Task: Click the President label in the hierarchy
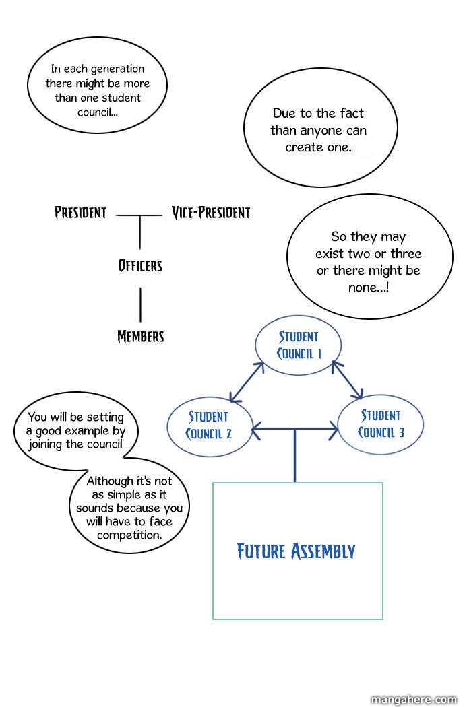(x=80, y=213)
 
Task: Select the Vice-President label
(x=210, y=213)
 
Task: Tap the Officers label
(x=140, y=265)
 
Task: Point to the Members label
(x=140, y=336)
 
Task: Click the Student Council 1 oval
(x=299, y=345)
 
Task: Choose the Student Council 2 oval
(x=208, y=425)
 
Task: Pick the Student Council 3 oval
(x=380, y=424)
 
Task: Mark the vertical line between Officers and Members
(x=140, y=304)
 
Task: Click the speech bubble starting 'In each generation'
(x=97, y=90)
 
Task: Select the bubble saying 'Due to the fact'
(x=317, y=130)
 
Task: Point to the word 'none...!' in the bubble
(x=368, y=287)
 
